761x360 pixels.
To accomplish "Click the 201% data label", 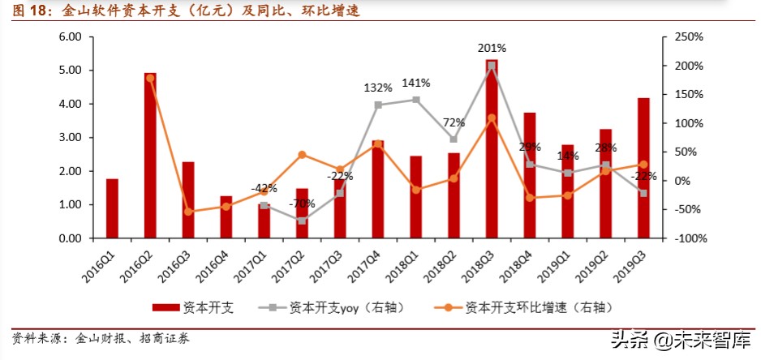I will coord(492,48).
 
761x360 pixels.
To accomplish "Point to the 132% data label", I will coord(378,87).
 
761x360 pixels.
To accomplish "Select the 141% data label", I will coord(416,82).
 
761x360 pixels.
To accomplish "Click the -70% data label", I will coord(303,203).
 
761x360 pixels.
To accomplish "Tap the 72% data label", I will coord(454,122).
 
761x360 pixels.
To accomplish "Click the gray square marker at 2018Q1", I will coord(416,100).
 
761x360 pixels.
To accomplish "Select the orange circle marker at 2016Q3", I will coord(188,212).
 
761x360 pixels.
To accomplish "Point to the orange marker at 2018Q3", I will coord(492,118).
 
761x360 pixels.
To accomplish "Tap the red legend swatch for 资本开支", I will coord(166,307).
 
